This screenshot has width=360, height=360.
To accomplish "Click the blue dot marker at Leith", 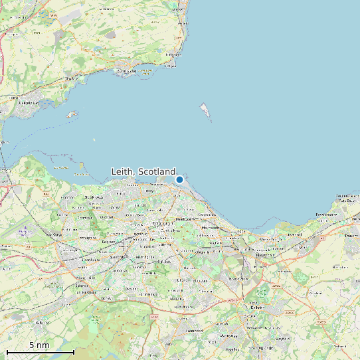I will coord(179,179).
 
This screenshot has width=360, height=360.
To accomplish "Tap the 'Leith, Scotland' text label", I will coord(143,172).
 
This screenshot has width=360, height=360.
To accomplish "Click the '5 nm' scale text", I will coord(39,345).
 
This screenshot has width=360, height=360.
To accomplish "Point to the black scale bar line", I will coord(40,351).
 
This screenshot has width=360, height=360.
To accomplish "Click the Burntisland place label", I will coord(126,70).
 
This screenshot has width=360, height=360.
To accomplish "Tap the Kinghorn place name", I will coord(173,54).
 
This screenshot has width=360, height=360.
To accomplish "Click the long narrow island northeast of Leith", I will coord(206,112).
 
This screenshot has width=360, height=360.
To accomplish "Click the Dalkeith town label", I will coord(258,307).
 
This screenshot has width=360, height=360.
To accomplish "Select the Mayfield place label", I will coord(282,338).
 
